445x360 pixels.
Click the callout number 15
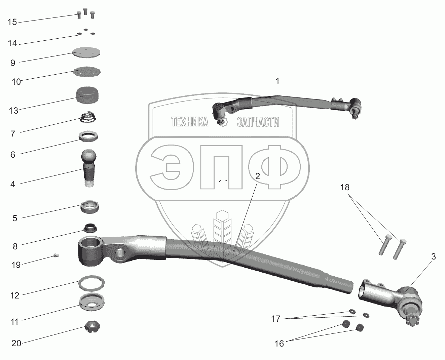coord(12,22)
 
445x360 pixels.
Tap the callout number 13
coord(13,110)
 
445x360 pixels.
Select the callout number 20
coord(16,343)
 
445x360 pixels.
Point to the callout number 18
coord(344,188)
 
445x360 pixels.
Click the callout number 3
coord(434,256)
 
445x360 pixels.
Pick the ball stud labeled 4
coord(89,167)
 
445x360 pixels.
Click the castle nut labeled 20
coord(90,327)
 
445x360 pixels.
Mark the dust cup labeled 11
coord(92,301)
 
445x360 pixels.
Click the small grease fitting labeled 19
coord(56,256)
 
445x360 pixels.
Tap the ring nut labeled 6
coord(88,136)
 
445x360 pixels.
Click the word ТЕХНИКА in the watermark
coord(190,122)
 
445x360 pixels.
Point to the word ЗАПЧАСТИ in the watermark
coord(258,122)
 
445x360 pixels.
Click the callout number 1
coord(277,81)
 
